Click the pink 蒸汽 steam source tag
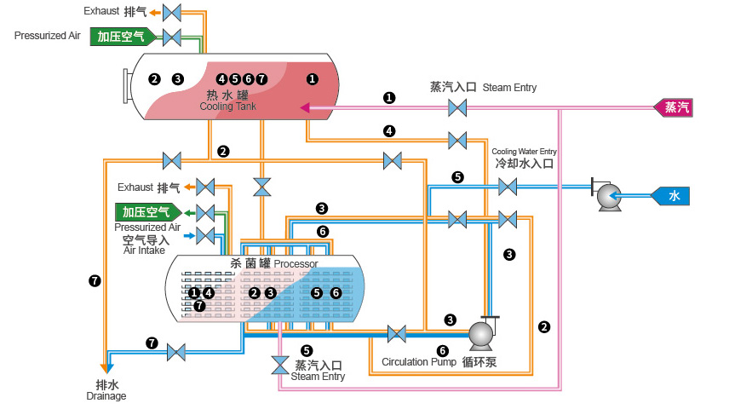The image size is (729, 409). pos(677,107)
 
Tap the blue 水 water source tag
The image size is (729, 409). pos(673,196)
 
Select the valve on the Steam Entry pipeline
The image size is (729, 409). pos(457,108)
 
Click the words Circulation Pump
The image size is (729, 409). pos(417,362)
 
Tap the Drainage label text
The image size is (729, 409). pos(106,396)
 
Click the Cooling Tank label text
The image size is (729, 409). pos(227,107)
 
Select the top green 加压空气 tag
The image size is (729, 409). pos(122,37)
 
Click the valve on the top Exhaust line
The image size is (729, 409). pos(172,12)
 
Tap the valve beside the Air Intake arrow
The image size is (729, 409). pos(205,234)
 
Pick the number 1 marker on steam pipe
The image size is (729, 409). pos(389,97)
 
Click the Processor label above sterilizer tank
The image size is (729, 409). pos(296,264)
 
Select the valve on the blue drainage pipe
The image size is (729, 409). pos(176,351)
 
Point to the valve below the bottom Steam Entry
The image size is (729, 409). pos(280,366)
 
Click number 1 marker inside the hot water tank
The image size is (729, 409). pos(312,78)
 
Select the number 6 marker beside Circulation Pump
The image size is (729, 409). pos(442,350)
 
